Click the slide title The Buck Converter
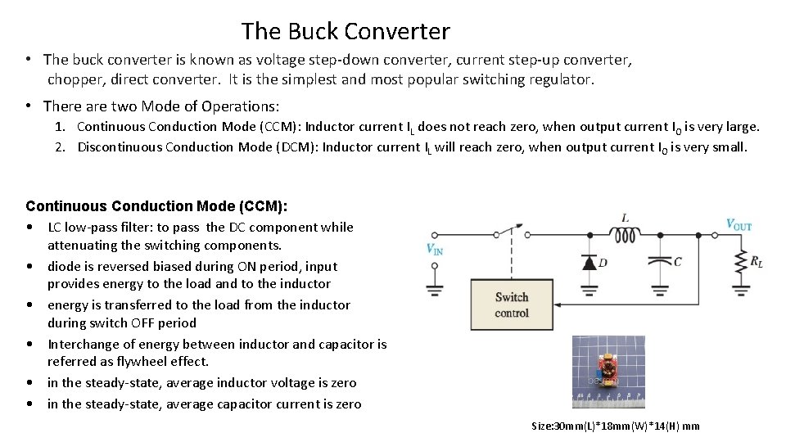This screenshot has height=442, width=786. [x=346, y=31]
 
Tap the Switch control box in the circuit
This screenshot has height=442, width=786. [x=512, y=305]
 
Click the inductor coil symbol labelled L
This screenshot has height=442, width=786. [x=626, y=235]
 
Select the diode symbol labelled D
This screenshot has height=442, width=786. [x=588, y=263]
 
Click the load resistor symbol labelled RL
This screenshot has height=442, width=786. [x=740, y=262]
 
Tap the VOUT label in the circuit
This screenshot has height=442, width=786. [x=739, y=225]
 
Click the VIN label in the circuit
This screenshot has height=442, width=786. [x=435, y=250]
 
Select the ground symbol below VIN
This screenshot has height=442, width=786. [x=435, y=289]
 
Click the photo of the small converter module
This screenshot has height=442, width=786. [x=608, y=372]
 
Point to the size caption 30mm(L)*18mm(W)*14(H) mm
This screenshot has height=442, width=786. [x=615, y=426]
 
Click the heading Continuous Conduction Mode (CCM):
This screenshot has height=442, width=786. [x=156, y=206]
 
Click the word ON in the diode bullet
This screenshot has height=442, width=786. [x=247, y=266]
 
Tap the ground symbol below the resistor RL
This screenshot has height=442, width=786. [x=740, y=289]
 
